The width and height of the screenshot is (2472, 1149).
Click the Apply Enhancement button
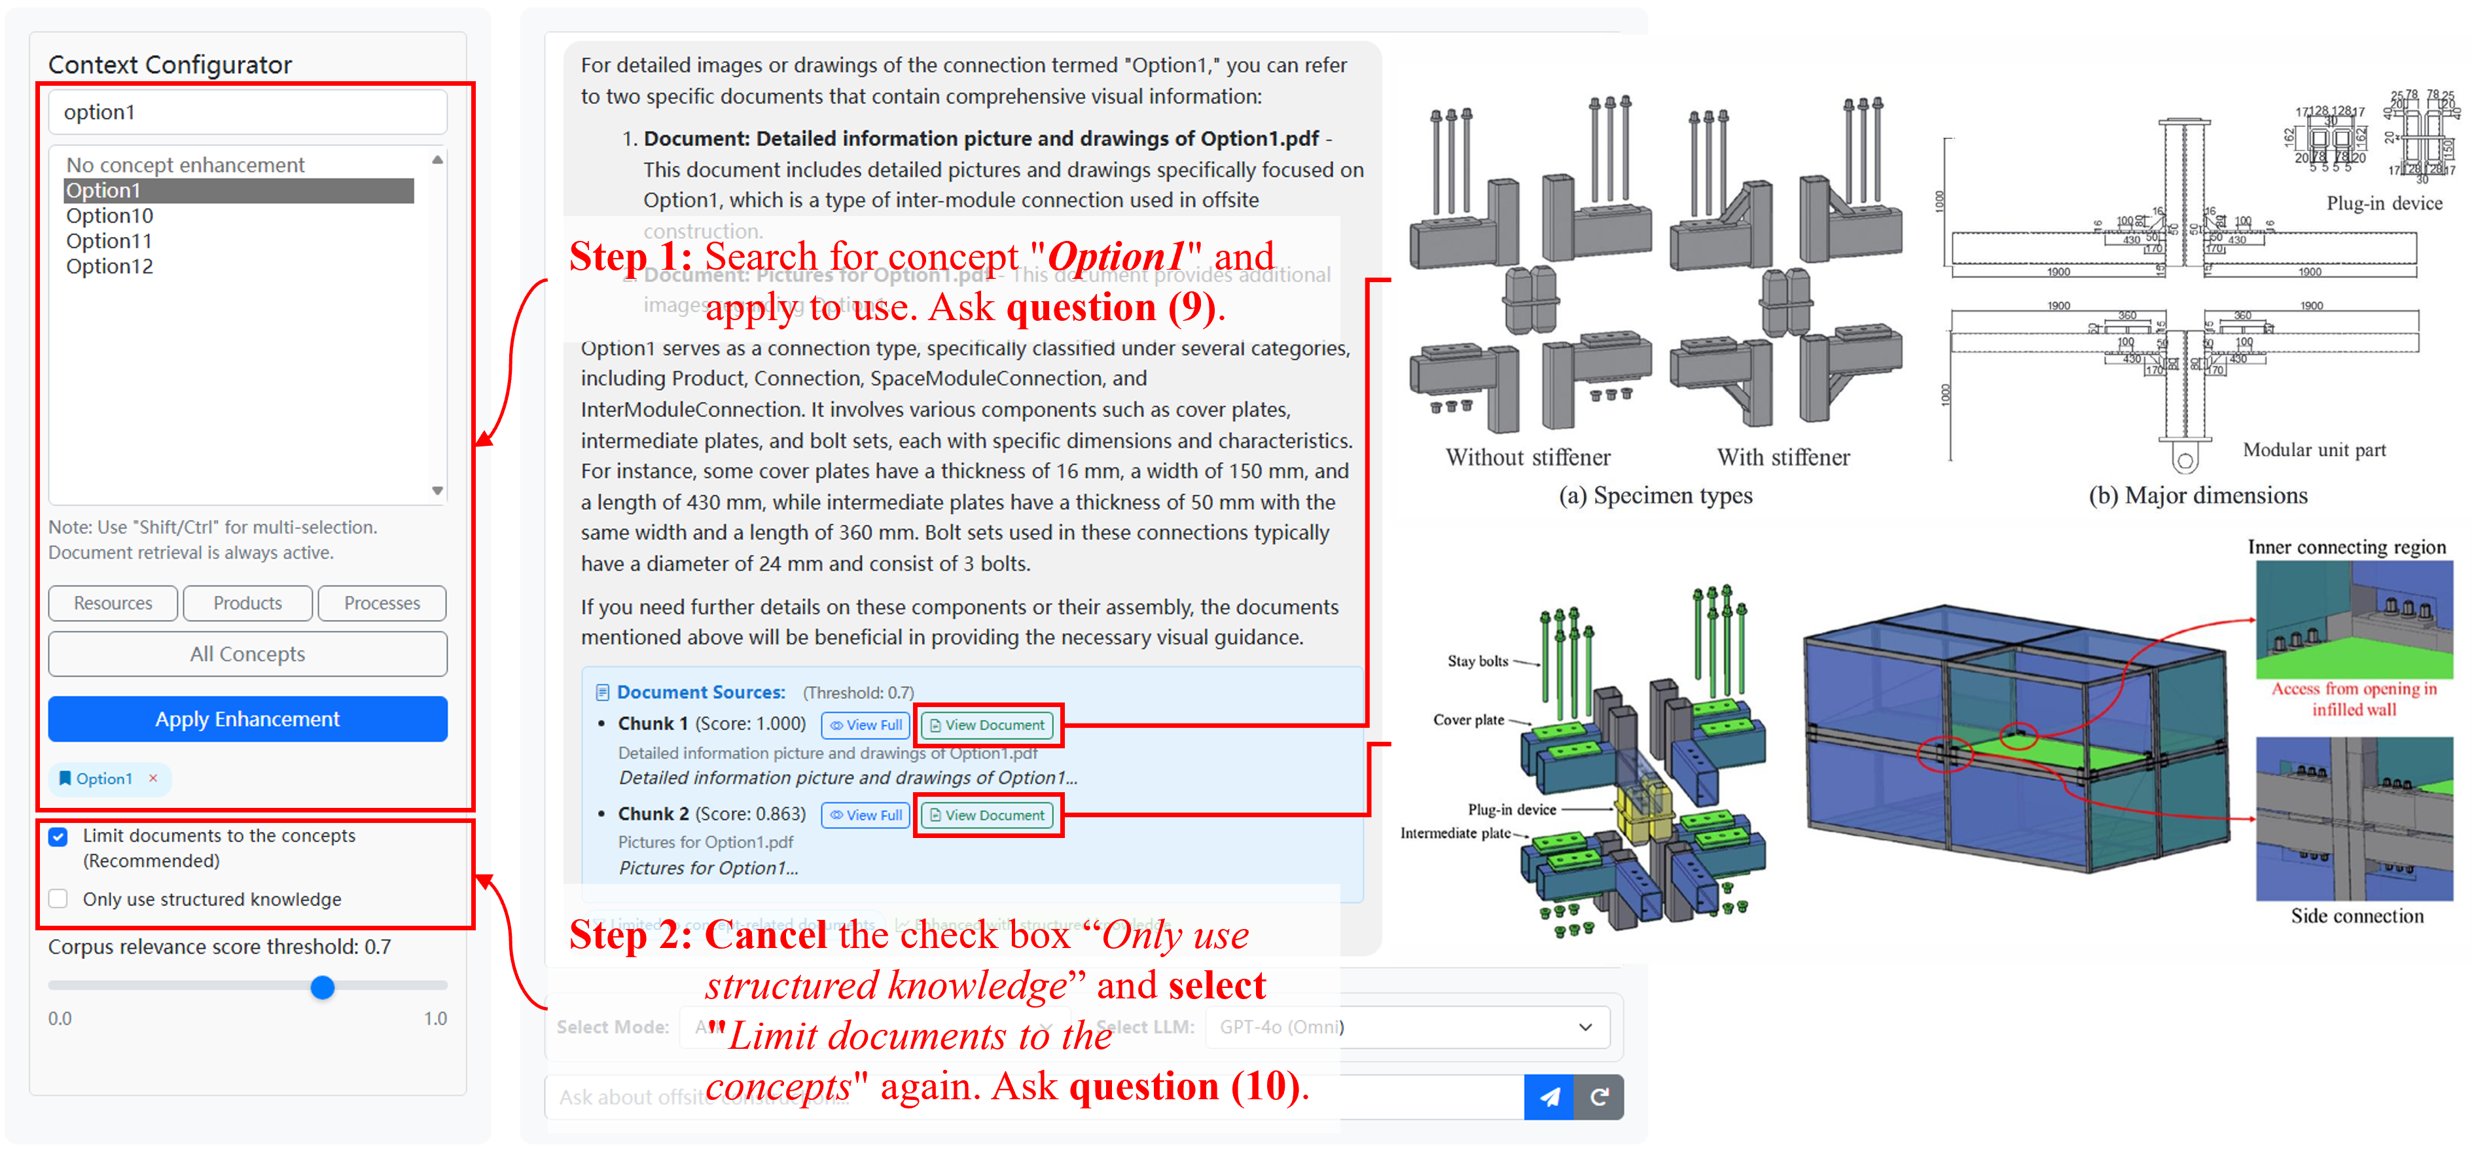[247, 719]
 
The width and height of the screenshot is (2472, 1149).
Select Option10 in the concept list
[109, 216]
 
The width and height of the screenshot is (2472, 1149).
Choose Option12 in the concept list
[109, 267]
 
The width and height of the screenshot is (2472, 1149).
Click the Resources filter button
[113, 603]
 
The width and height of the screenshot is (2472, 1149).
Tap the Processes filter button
[382, 603]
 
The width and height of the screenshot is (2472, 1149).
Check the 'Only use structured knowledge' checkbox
[58, 898]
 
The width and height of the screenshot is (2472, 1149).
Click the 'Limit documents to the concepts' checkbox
[58, 836]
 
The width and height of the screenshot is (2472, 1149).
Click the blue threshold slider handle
[323, 987]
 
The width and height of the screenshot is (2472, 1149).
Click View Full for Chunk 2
[866, 815]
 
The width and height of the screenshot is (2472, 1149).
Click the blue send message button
[1548, 1096]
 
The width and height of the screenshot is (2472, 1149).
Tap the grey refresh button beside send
[1599, 1096]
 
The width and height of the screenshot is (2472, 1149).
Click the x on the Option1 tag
[152, 778]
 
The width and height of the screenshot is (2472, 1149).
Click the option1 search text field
[247, 113]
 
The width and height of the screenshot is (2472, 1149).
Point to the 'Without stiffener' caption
[1528, 458]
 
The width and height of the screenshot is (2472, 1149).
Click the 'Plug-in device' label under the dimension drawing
[2384, 204]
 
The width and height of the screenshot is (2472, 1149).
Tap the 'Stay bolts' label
[1477, 661]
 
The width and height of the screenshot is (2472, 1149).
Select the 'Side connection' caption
[2356, 916]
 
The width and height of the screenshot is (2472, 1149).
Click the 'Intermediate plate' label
[1455, 833]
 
